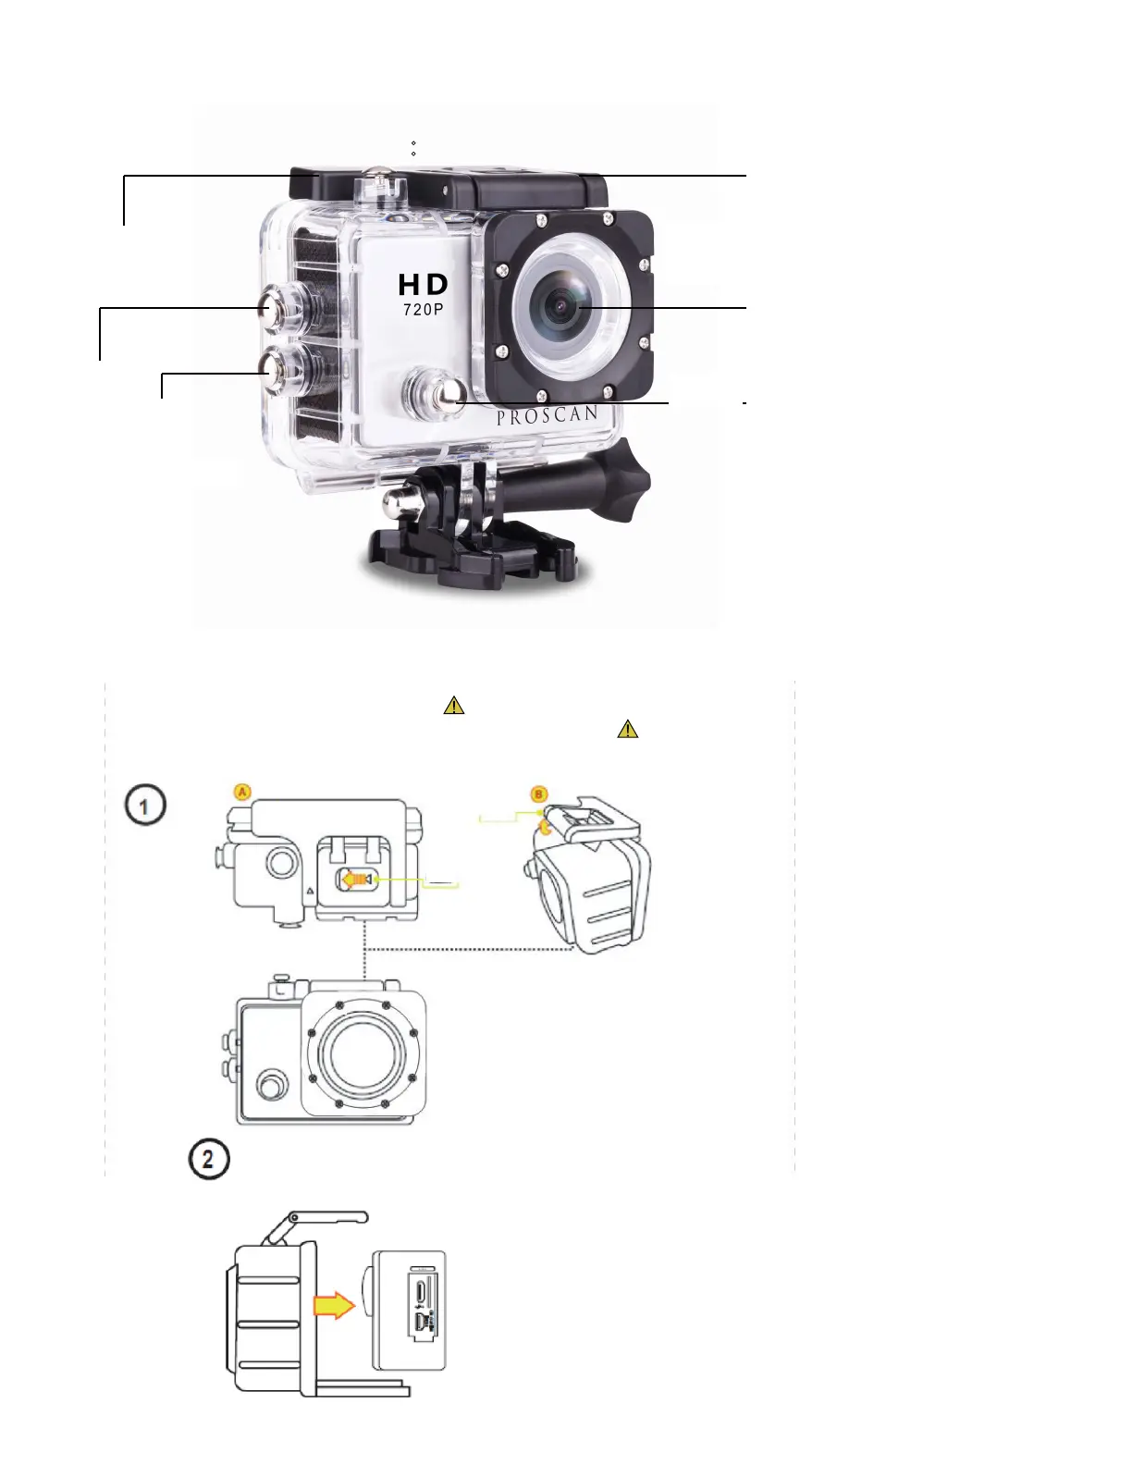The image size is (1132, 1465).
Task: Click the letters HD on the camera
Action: coord(424,285)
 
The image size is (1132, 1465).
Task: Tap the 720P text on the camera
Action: coord(424,310)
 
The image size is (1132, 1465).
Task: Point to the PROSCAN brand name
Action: coord(547,415)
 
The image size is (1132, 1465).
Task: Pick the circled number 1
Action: coord(146,806)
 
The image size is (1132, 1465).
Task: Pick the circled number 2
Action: coord(208,1159)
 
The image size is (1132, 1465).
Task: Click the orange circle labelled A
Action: coord(241,792)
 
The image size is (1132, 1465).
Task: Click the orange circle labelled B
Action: coord(539,794)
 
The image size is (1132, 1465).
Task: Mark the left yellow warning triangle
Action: coord(454,706)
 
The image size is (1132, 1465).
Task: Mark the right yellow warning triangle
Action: coord(627,730)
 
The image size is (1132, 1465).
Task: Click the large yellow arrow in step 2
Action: coord(334,1306)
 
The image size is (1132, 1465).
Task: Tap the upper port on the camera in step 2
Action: coord(421,1288)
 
